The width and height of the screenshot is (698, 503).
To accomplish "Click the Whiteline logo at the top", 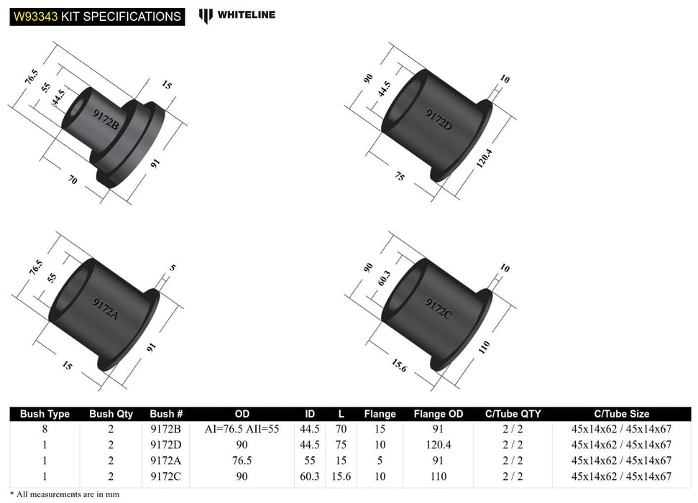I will [237, 14].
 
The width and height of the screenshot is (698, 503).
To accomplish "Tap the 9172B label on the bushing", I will [106, 116].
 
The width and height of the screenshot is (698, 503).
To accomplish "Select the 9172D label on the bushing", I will [438, 119].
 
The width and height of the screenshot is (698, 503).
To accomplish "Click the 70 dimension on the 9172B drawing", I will [72, 180].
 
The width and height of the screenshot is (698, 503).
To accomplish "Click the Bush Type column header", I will [45, 414].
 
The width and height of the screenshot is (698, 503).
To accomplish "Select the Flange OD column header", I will [438, 414].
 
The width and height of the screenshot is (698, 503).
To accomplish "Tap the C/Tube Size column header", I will [621, 414].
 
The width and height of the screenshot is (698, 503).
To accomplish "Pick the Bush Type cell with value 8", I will [45, 429].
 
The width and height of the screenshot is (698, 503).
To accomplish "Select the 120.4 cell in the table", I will [438, 445].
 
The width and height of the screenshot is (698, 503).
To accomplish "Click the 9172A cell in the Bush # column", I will [167, 461].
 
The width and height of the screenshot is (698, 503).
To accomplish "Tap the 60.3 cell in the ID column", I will [310, 476].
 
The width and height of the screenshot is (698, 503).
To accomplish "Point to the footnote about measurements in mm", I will [65, 494].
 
